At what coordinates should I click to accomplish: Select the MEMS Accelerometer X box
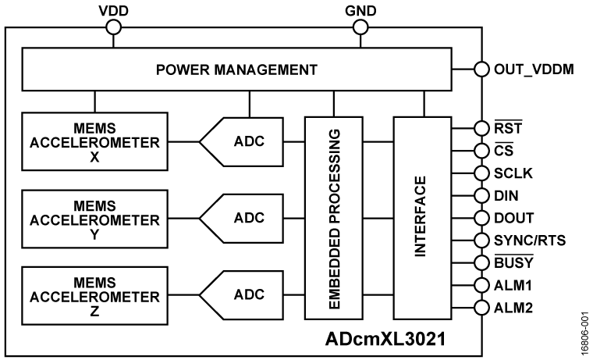click(x=94, y=141)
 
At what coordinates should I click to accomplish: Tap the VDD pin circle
click(x=114, y=27)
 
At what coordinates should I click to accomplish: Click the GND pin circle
click(x=360, y=27)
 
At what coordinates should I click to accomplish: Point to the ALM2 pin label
click(x=512, y=308)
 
